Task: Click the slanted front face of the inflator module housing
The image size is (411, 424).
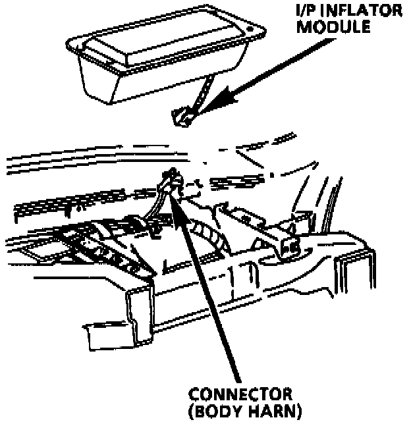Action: [132, 82]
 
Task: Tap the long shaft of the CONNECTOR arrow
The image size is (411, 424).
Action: [211, 290]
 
